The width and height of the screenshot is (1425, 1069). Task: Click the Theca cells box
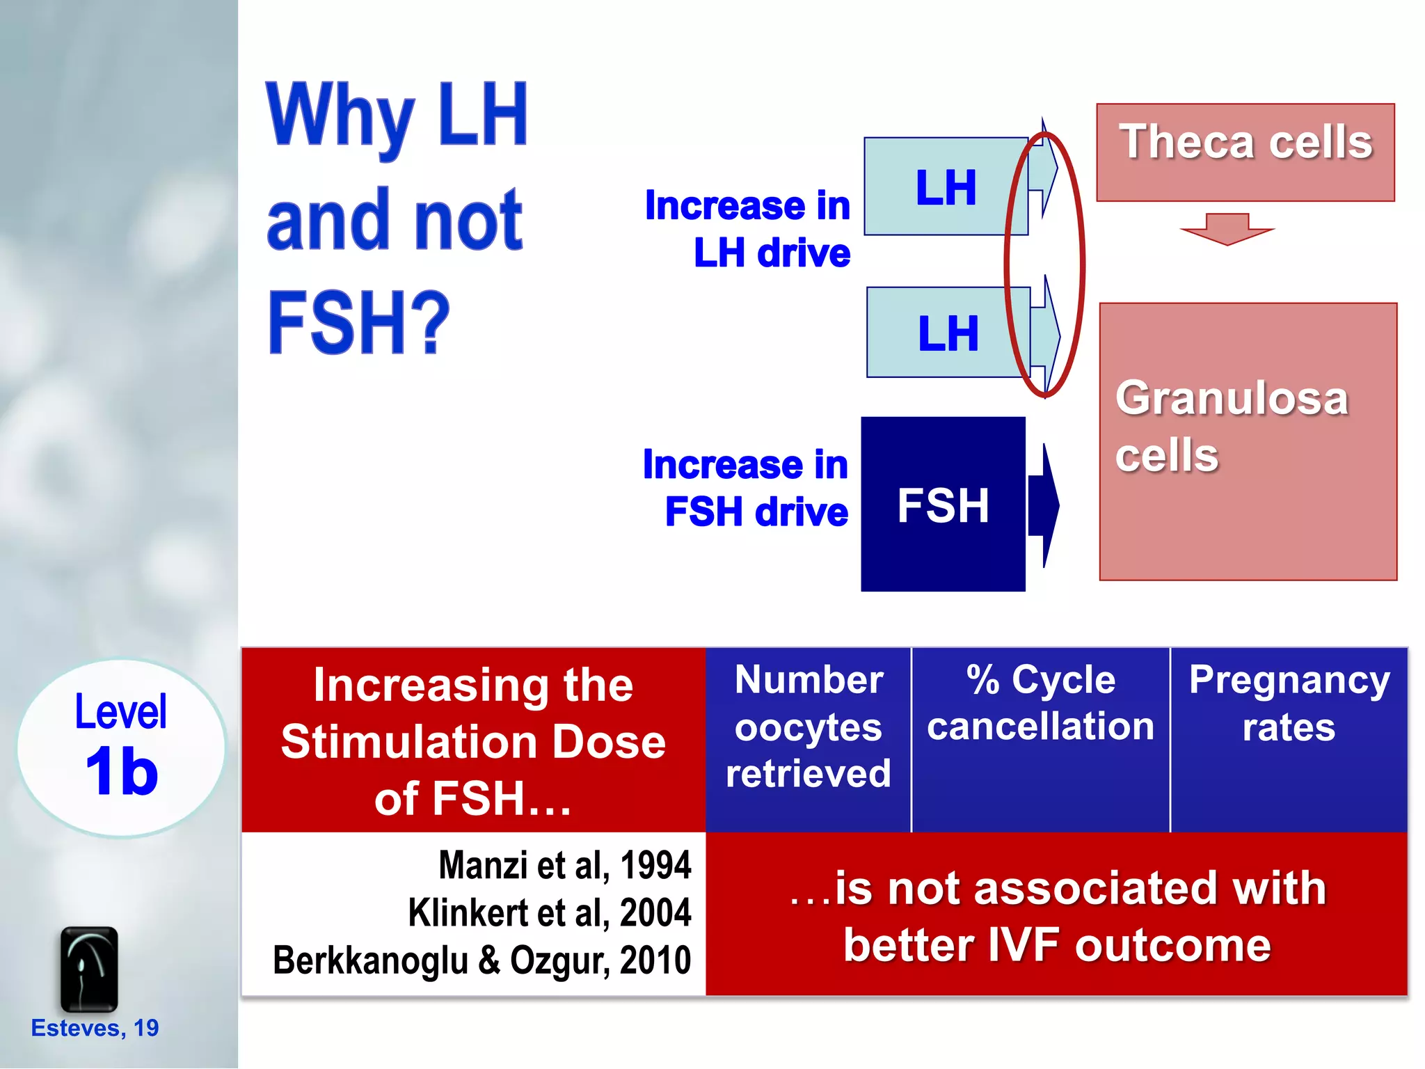click(x=1245, y=152)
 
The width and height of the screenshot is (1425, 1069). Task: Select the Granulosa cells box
click(x=1248, y=441)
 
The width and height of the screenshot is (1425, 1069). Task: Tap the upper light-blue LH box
click(x=945, y=187)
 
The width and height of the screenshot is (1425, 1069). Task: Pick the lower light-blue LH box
click(x=947, y=332)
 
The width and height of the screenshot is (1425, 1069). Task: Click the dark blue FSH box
click(x=942, y=504)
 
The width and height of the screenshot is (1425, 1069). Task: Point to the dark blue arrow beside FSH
click(x=1044, y=505)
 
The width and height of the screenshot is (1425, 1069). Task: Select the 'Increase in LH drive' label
click(x=748, y=228)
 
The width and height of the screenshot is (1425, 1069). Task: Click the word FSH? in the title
click(x=359, y=323)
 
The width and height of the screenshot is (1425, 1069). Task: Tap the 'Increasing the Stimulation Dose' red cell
click(x=473, y=741)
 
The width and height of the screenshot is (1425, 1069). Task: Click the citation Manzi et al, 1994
click(x=564, y=865)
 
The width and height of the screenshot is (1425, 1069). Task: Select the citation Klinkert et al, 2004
click(x=549, y=912)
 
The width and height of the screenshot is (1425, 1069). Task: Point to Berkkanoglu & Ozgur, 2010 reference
click(x=481, y=960)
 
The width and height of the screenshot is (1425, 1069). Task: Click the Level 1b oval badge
click(x=121, y=747)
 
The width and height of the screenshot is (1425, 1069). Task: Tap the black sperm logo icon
click(x=89, y=968)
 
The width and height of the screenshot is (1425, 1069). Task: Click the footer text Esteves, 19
click(x=95, y=1028)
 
